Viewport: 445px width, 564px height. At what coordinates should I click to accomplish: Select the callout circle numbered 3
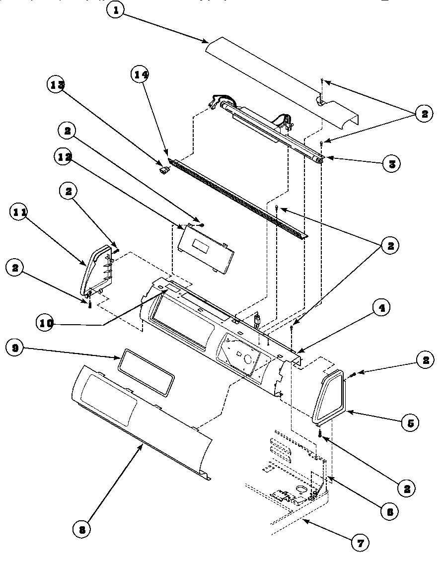(x=392, y=163)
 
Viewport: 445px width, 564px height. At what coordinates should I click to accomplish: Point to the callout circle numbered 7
(x=360, y=543)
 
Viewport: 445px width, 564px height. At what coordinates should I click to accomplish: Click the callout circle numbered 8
(x=82, y=529)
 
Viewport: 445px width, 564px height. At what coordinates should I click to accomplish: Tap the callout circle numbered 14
(x=141, y=74)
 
